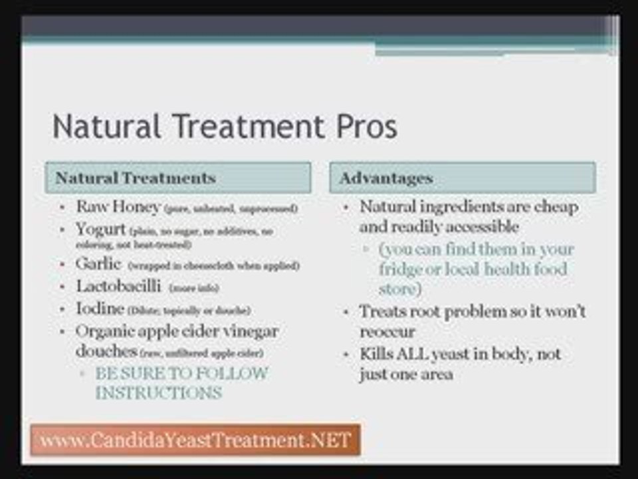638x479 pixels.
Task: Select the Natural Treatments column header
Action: [x=136, y=178]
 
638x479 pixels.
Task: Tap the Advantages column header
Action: [x=386, y=178]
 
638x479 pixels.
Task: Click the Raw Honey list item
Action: [x=118, y=207]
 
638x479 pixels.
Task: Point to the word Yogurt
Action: [x=101, y=230]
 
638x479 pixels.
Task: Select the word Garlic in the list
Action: [x=98, y=264]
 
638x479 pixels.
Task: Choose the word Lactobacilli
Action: [x=118, y=287]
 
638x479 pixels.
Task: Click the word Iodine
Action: [x=100, y=309]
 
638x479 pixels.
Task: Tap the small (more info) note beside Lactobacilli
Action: [x=194, y=288]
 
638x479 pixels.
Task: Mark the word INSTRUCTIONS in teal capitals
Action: [x=158, y=393]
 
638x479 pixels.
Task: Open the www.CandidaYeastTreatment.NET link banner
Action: [x=195, y=440]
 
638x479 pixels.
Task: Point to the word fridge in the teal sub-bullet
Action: [x=403, y=269]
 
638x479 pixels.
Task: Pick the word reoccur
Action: [x=387, y=331]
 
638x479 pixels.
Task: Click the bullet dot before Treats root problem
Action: [x=347, y=312]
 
